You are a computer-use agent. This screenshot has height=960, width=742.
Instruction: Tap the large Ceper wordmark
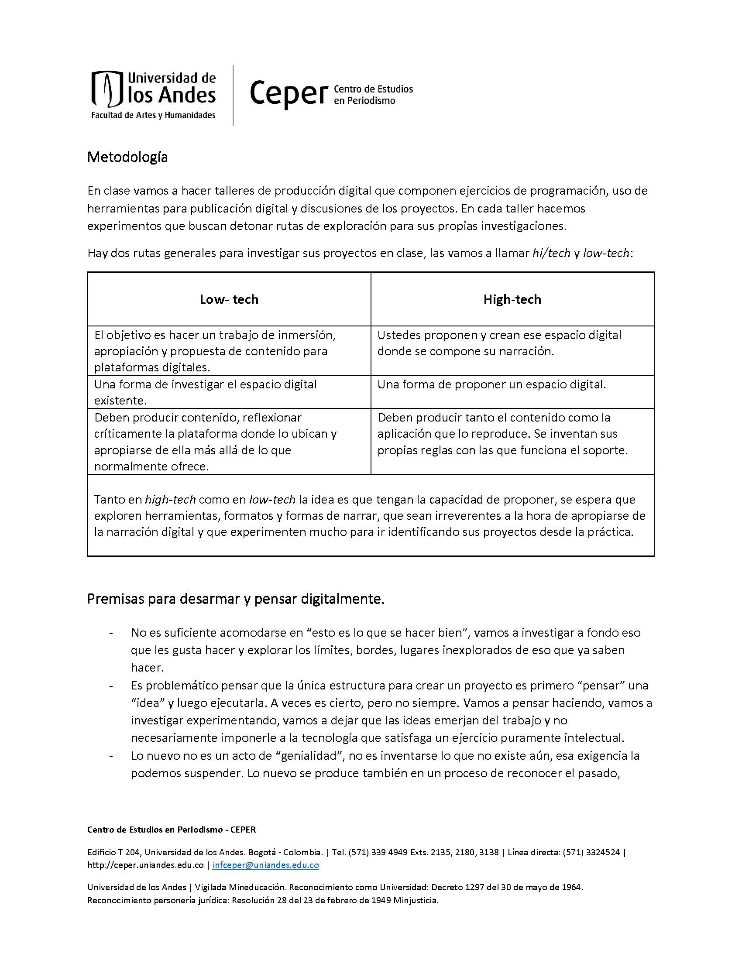tap(289, 94)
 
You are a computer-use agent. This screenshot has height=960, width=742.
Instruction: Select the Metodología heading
tap(127, 157)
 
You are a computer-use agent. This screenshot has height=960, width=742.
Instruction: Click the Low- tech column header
tap(229, 299)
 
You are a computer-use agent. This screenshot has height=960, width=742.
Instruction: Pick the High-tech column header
tap(512, 299)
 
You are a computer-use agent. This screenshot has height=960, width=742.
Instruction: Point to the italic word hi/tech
tap(551, 253)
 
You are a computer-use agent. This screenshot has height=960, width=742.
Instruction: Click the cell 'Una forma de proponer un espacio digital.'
tap(491, 384)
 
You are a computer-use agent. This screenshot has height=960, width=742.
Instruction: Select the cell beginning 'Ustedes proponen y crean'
tap(499, 343)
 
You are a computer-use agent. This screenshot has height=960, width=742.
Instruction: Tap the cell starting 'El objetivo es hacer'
tap(215, 351)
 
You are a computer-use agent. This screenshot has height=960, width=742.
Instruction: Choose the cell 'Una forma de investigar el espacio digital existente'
tap(205, 392)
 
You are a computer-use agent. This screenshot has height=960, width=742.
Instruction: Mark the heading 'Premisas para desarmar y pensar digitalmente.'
tap(236, 599)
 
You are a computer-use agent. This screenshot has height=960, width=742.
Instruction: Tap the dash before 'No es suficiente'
tap(111, 633)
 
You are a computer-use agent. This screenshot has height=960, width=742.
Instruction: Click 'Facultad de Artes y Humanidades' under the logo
tap(153, 115)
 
